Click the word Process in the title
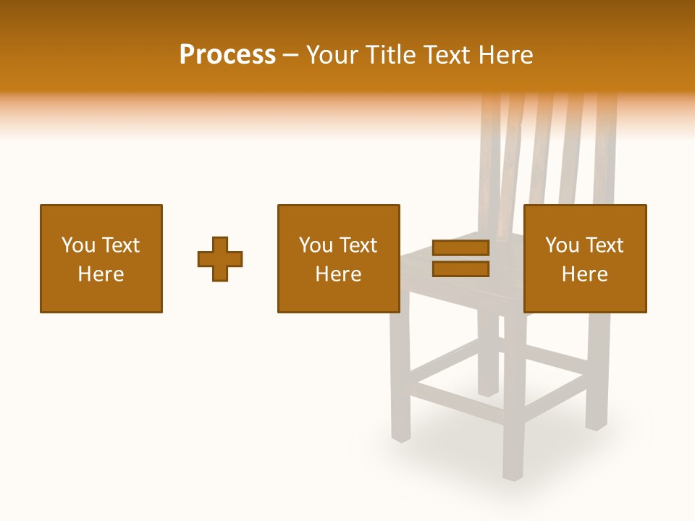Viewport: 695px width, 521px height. click(227, 55)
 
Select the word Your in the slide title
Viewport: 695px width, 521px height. click(332, 55)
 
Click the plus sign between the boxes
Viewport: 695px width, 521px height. click(220, 259)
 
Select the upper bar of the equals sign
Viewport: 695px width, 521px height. click(460, 248)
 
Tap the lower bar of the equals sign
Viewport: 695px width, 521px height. click(460, 269)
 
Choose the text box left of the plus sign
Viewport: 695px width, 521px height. click(101, 258)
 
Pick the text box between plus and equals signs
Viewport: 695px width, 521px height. click(338, 258)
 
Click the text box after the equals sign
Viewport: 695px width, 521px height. click(584, 258)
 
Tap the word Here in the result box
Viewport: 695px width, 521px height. click(584, 274)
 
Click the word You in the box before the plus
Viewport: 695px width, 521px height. click(78, 245)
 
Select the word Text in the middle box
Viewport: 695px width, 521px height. click(358, 245)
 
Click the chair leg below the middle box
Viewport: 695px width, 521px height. click(400, 376)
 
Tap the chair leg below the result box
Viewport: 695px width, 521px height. click(597, 376)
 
